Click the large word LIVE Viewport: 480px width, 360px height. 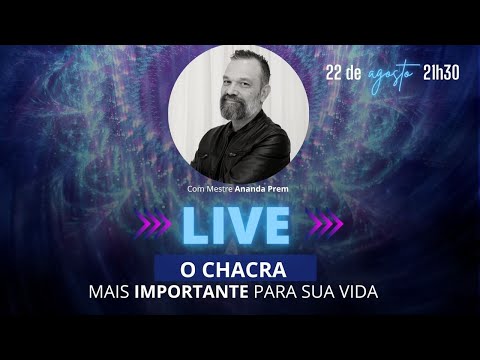point(240,227)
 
